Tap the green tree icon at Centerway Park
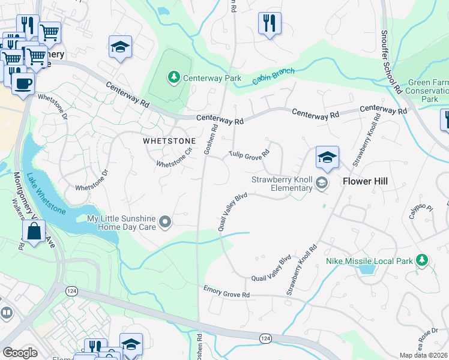173,77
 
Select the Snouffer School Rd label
390,62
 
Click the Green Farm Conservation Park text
427,91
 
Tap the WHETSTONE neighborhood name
169,141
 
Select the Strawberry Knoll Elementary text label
282,184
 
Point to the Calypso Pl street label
421,213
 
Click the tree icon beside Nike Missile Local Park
423,259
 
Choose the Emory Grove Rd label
226,292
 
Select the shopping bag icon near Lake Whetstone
34,230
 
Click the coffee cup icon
23,83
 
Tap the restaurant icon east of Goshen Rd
270,23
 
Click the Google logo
19,352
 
